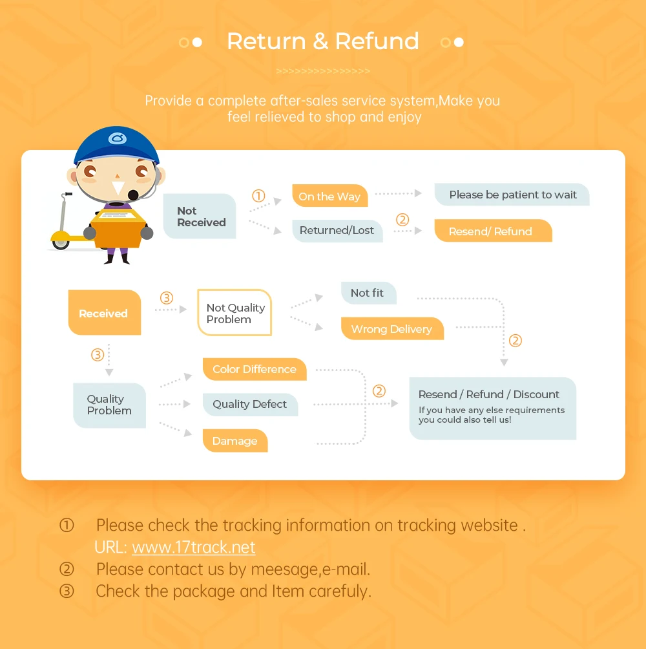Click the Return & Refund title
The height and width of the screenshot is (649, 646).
[x=323, y=41]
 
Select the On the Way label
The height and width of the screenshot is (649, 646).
[x=329, y=197]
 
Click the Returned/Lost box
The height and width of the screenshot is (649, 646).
[x=337, y=231]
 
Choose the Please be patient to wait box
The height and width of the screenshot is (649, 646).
[x=512, y=195]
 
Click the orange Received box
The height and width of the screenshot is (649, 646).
[x=104, y=314]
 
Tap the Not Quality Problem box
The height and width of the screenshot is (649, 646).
[x=235, y=314]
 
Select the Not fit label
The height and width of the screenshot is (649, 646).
[x=368, y=293]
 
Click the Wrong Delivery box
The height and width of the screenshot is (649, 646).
[x=391, y=329]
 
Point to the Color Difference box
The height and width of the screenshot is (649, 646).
[x=255, y=369]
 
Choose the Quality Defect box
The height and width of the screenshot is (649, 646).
[x=250, y=405]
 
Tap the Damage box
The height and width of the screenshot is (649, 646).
[x=235, y=441]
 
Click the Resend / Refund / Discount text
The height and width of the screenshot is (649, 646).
[x=489, y=394]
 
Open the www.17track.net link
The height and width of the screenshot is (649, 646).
[x=194, y=548]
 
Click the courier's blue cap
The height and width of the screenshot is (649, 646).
[x=116, y=144]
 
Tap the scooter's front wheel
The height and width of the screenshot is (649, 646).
[x=61, y=241]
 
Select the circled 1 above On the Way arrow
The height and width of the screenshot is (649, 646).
[x=258, y=196]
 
